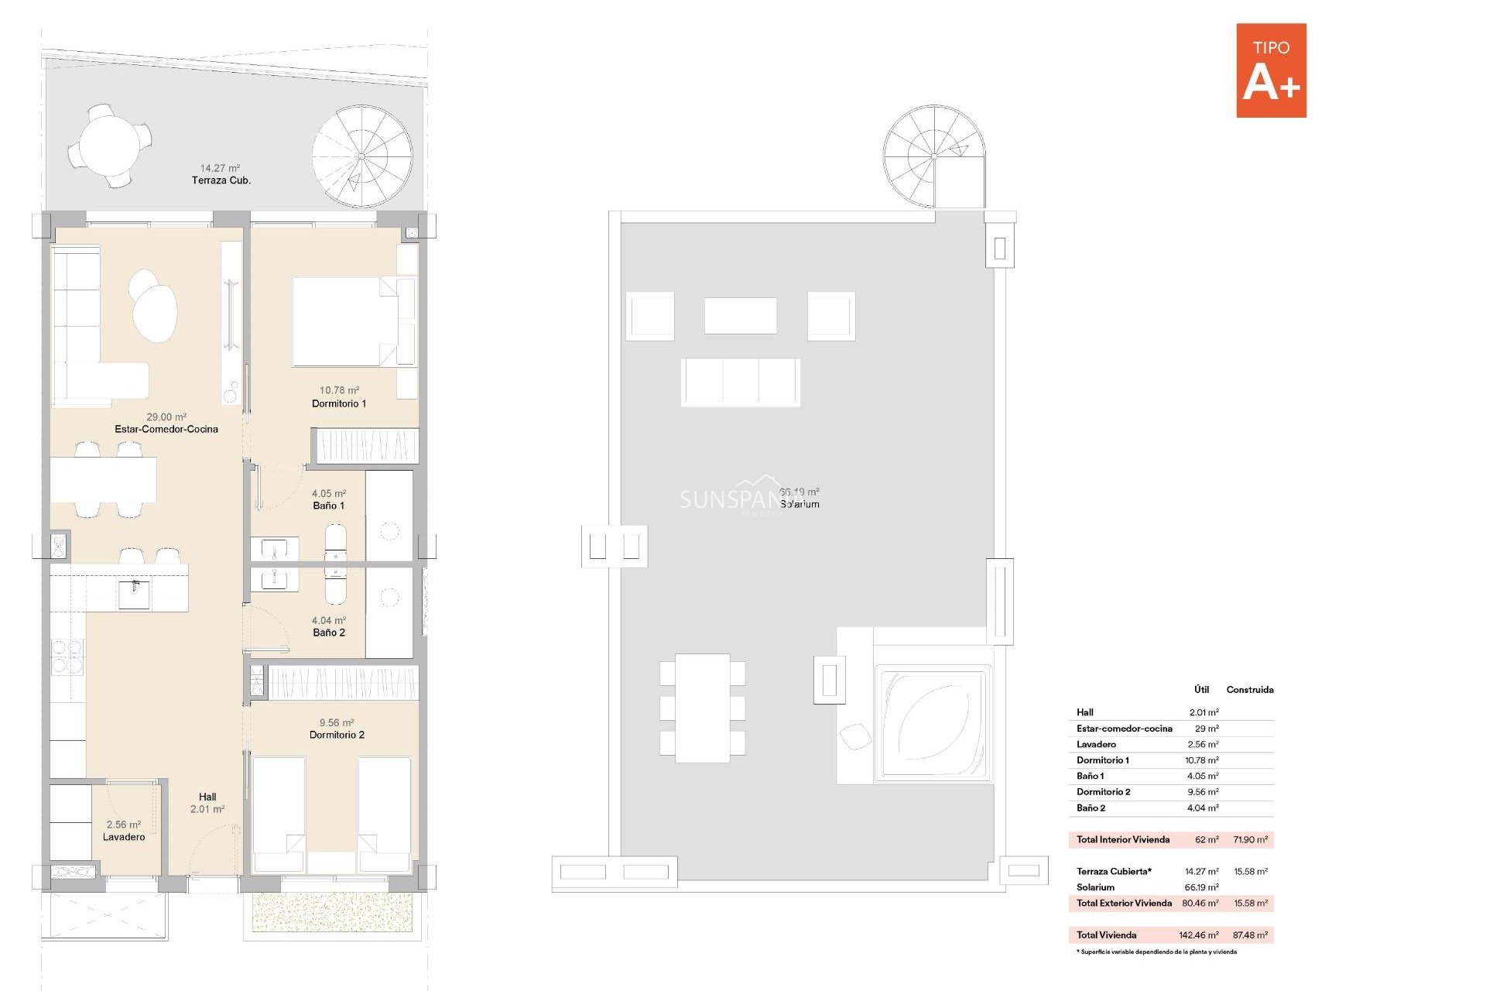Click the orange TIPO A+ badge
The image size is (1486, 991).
1271,70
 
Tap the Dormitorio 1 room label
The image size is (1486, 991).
339,403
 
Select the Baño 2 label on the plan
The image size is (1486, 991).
329,632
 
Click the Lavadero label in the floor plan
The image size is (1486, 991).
124,836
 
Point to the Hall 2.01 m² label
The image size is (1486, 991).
207,803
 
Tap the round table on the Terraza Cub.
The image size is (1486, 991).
109,146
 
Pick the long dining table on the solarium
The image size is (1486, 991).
702,708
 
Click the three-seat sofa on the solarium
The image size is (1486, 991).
741,381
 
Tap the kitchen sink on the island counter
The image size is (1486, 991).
134,594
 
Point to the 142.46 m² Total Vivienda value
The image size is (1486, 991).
1198,934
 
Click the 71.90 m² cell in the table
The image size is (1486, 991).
1250,839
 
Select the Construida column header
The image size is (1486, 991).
1249,689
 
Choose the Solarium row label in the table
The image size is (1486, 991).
1095,887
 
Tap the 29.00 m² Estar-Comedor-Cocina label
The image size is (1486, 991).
166,423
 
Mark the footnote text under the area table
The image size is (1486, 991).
1156,952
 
